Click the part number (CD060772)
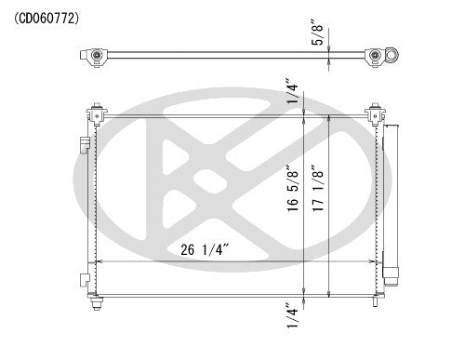click(x=46, y=17)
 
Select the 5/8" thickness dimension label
click(x=318, y=34)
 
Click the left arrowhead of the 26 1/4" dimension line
click(x=100, y=261)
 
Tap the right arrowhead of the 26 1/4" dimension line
click(x=373, y=261)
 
